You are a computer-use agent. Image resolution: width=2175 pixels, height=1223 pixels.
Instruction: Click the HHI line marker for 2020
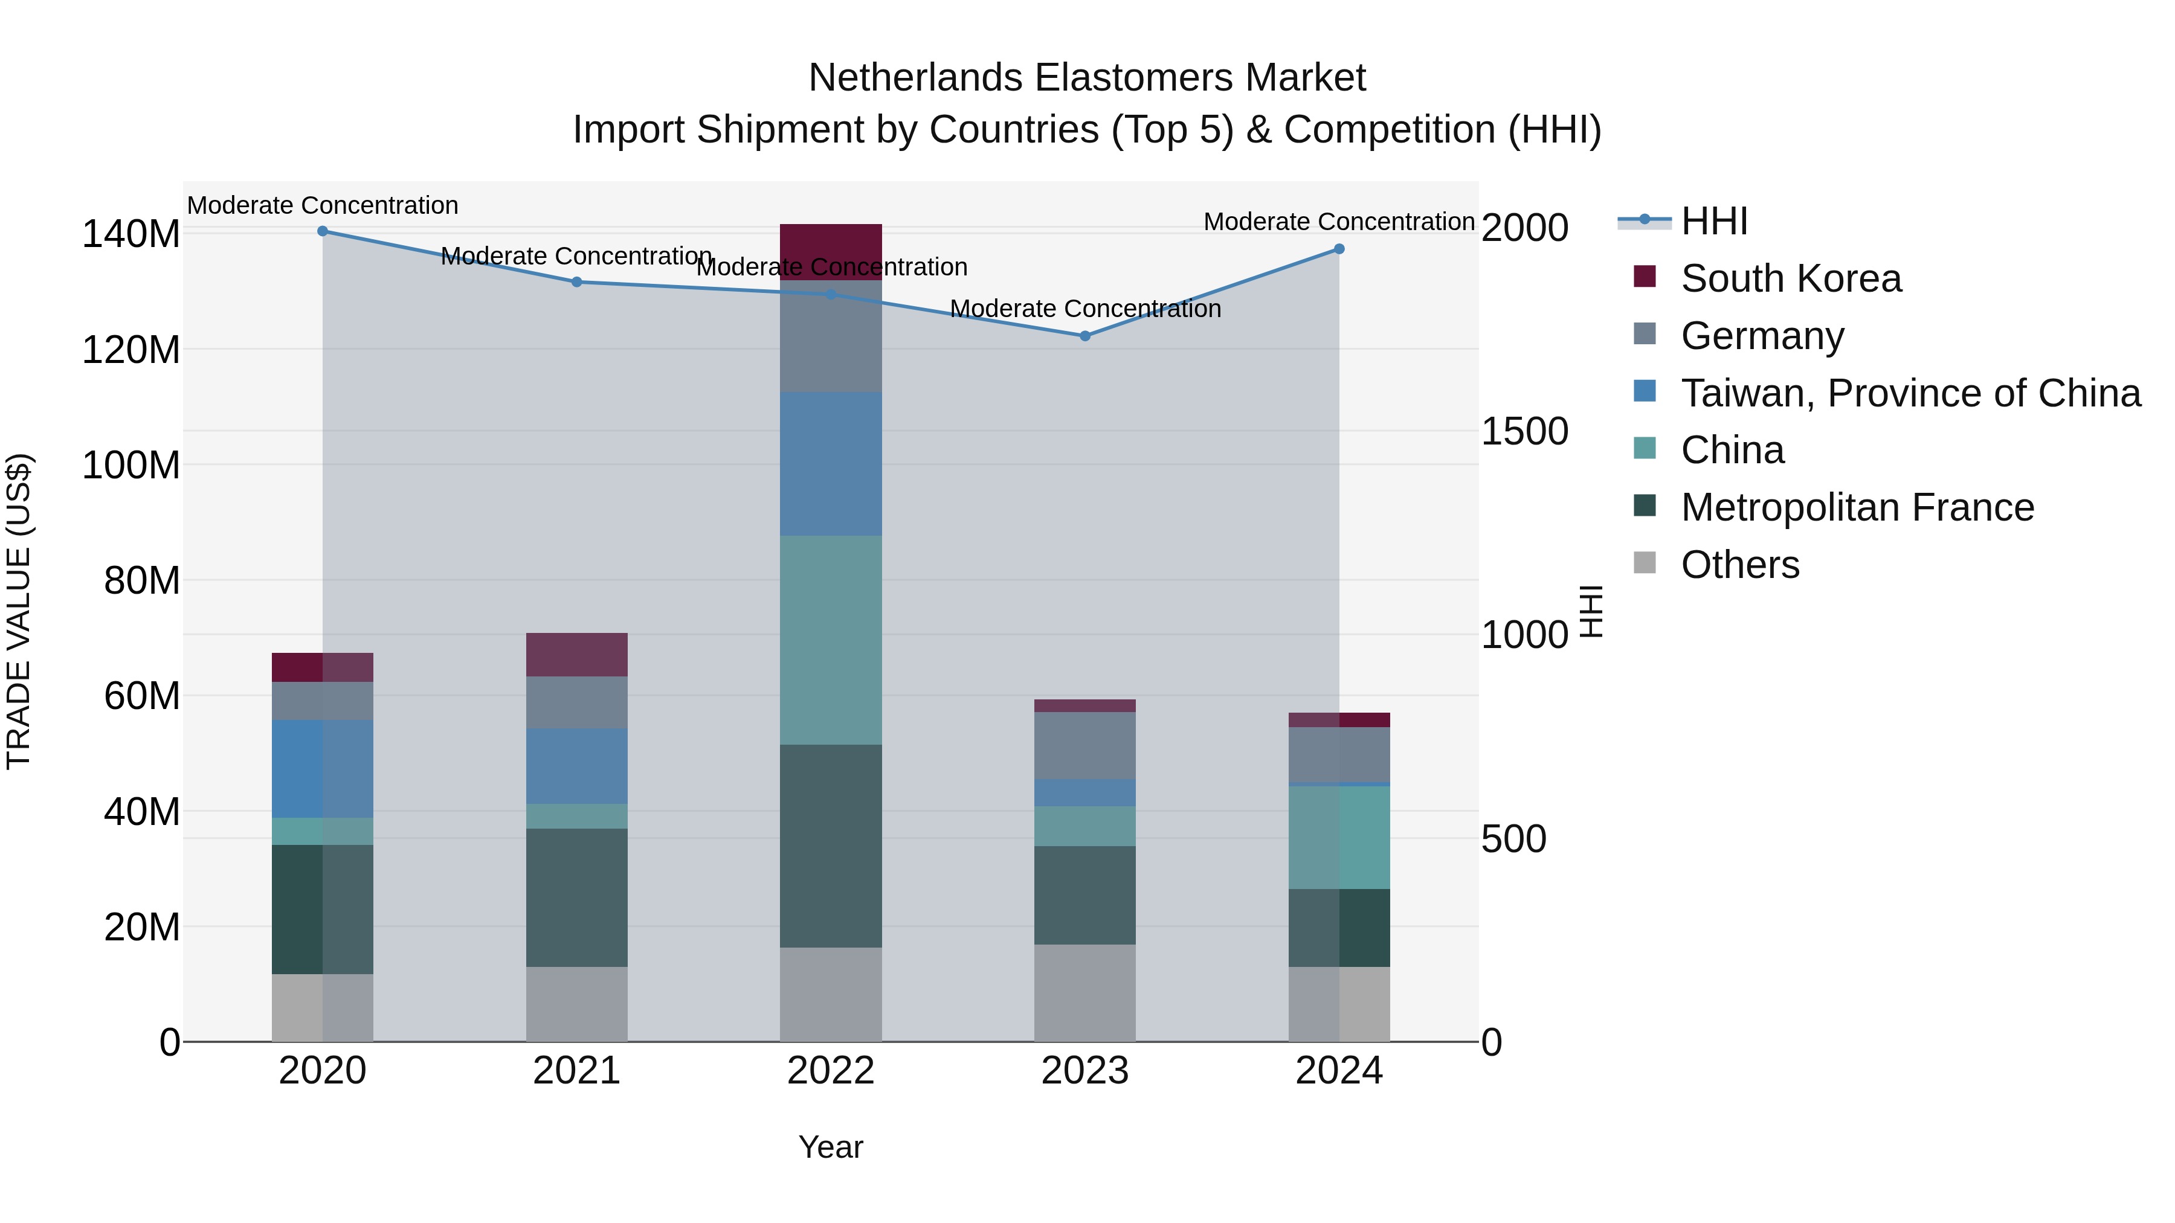[323, 231]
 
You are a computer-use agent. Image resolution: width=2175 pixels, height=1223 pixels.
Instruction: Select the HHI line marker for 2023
[1085, 336]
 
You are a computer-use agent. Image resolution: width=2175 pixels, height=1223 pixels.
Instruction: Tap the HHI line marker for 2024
[1339, 249]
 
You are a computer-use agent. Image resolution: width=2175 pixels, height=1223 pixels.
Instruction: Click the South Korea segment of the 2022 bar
[831, 251]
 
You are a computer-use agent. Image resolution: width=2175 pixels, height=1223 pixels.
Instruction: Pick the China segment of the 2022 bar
[831, 640]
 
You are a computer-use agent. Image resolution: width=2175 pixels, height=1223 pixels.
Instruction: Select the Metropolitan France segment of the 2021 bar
[577, 897]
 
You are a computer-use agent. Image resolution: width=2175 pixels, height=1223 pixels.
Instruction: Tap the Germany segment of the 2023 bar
[1085, 745]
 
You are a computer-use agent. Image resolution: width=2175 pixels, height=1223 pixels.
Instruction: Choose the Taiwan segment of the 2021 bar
[577, 766]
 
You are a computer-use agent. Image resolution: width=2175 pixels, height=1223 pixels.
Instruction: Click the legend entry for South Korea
[1790, 278]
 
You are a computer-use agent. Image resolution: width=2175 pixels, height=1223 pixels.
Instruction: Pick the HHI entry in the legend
[1713, 221]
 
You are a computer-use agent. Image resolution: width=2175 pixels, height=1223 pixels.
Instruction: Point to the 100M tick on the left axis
[131, 465]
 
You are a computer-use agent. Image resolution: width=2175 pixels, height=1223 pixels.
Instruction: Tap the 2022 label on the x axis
[831, 1071]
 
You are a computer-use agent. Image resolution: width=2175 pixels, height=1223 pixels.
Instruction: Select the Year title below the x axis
[831, 1147]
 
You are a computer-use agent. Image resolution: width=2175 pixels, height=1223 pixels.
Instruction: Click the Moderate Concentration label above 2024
[1338, 222]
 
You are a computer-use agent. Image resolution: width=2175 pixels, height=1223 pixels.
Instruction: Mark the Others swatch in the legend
[1645, 563]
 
